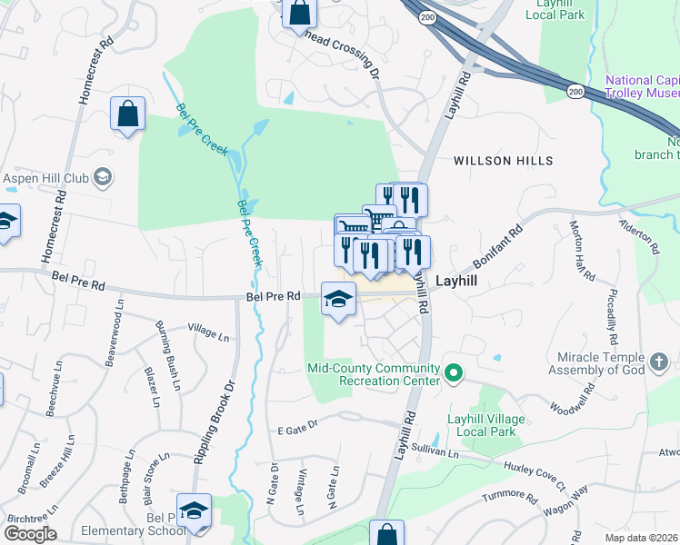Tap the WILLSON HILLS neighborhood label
pyautogui.click(x=503, y=161)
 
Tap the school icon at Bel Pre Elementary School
pyautogui.click(x=194, y=510)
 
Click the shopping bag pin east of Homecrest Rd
pyautogui.click(x=127, y=114)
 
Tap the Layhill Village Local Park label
pyautogui.click(x=482, y=425)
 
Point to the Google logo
pyautogui.click(x=29, y=534)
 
